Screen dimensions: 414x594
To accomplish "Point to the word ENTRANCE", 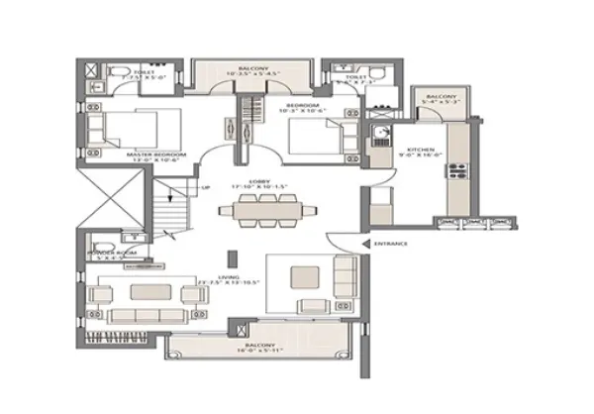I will point(390,243).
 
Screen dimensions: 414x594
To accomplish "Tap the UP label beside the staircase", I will point(205,187).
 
